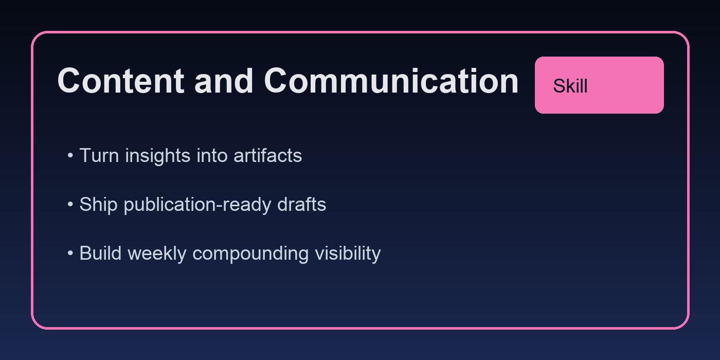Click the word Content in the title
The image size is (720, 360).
point(120,81)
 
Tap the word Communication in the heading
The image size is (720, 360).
point(391,81)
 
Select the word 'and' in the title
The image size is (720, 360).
point(224,81)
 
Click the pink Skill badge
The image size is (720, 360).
point(599,85)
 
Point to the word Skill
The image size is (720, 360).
point(570,86)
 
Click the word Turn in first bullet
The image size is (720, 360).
point(98,155)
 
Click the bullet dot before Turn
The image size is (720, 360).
point(70,156)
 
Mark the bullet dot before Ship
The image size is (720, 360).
point(70,205)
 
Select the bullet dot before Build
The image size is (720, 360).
point(70,254)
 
